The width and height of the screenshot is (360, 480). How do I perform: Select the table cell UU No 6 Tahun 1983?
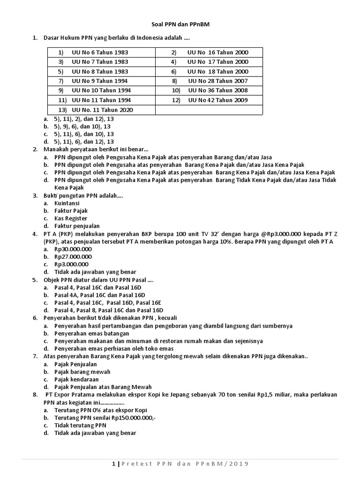100,52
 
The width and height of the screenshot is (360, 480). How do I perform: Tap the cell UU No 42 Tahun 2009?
218,100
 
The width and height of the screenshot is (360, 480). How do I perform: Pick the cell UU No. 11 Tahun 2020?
102,110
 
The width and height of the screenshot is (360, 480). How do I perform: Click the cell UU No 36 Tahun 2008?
218,90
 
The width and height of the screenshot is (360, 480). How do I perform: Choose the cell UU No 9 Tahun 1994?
100,81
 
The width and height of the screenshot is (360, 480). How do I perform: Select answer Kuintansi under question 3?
67,203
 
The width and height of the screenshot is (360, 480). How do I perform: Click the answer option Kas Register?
70,218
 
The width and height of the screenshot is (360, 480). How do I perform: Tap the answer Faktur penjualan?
74,226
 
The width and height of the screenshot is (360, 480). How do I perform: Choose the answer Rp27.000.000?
73,256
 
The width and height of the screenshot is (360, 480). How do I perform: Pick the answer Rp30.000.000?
73,249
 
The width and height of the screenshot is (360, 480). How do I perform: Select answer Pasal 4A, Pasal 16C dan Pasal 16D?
100,295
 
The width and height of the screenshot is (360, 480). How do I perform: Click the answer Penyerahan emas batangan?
92,333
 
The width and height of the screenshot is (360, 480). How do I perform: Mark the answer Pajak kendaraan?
76,379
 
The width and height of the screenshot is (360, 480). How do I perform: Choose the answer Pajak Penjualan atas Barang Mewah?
103,387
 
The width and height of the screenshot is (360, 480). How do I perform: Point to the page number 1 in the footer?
113,464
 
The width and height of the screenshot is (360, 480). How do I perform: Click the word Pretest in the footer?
140,464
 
